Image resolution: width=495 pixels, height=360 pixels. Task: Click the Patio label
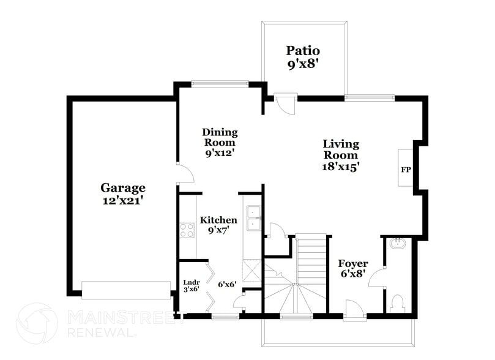(303, 51)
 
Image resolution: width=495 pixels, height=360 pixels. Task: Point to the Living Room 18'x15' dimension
(341, 166)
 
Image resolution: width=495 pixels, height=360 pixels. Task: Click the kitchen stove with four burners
(187, 230)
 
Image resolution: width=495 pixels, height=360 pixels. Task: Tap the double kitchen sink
(253, 219)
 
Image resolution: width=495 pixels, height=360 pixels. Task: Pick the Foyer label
(353, 264)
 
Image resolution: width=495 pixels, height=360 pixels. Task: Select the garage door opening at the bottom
(127, 290)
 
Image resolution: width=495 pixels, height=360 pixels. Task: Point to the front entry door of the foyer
(354, 309)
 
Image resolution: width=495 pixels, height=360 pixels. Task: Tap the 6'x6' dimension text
(228, 284)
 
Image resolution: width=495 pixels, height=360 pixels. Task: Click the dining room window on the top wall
(220, 83)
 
